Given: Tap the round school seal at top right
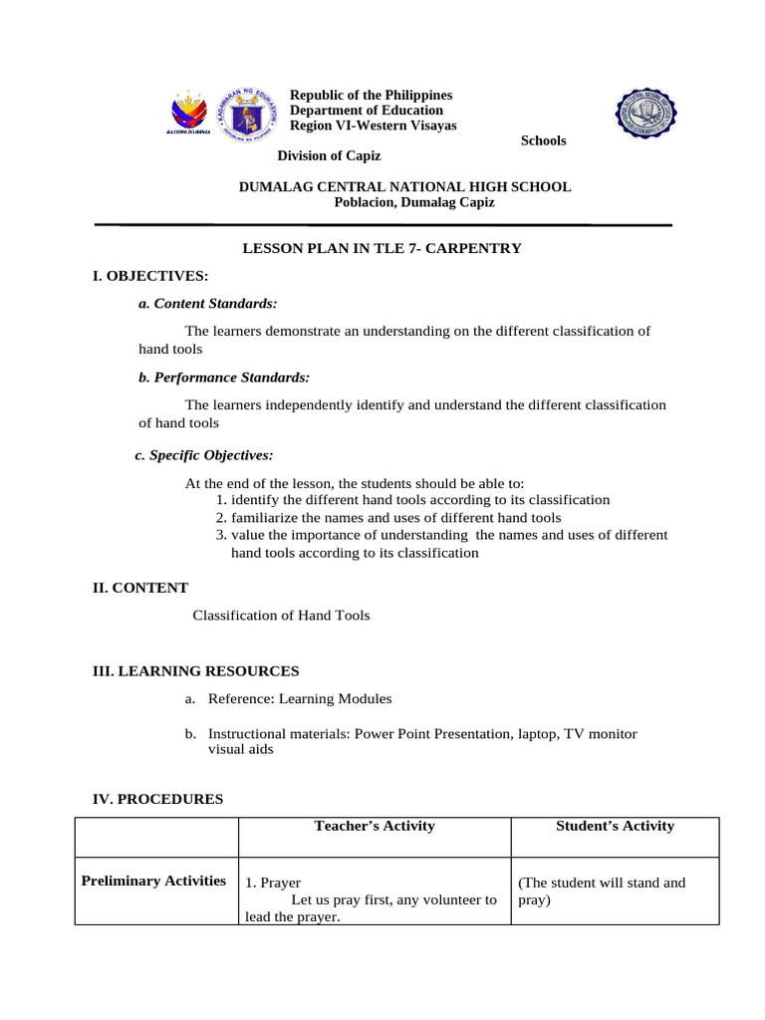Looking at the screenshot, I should [644, 115].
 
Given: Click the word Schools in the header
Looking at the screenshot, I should [543, 140].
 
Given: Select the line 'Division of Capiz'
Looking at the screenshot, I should [329, 155].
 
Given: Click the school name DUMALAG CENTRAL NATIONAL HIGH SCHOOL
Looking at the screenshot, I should [406, 186].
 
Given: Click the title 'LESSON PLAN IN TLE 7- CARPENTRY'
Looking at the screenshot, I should [382, 248].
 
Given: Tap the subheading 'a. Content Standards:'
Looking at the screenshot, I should [207, 303].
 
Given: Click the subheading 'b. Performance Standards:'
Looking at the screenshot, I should [224, 378].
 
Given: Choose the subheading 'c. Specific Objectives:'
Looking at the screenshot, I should [203, 455].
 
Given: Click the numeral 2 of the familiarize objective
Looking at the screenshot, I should [220, 518].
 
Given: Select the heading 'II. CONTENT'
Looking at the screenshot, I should [140, 588].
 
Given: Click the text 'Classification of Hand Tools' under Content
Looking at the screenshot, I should [281, 616].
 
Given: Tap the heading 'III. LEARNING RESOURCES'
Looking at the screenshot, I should [195, 671].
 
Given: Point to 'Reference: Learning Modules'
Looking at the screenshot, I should [300, 699].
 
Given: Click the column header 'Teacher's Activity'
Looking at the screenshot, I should [375, 826].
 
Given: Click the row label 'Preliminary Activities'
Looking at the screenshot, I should [154, 881].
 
